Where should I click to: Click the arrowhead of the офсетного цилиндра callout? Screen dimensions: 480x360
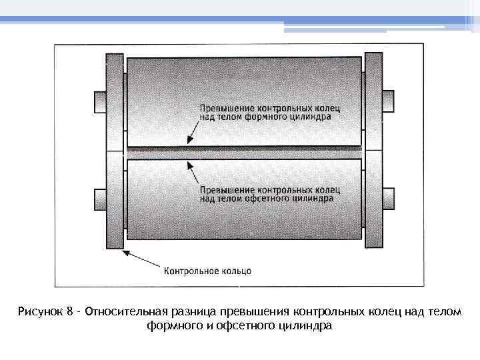pos(189,163)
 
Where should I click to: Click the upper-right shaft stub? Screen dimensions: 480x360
pos(388,101)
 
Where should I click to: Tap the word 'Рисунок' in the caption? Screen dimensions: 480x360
pos(41,312)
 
